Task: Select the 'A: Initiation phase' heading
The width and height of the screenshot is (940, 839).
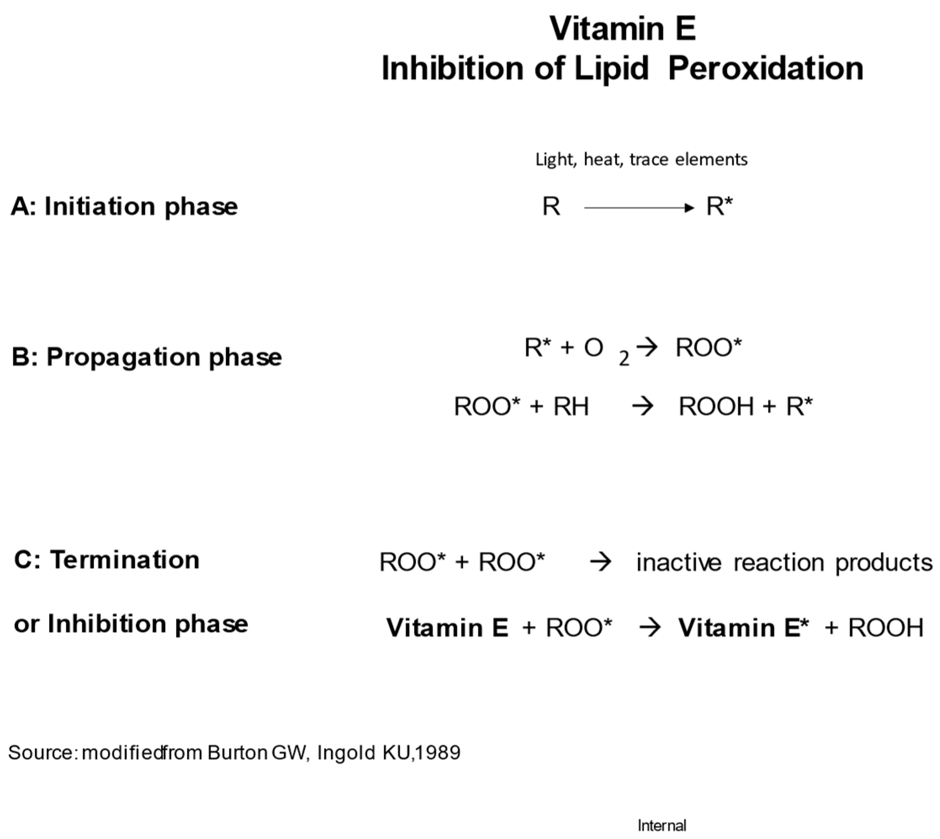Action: coord(124,206)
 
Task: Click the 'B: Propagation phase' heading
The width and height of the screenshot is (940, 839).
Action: coord(147,357)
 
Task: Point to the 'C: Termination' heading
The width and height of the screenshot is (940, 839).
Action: coord(107,560)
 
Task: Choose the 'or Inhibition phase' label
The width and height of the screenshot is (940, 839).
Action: coord(131,624)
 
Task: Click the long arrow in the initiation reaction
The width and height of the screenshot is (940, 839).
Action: coord(639,208)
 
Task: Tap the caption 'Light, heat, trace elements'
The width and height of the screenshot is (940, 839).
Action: coord(641,159)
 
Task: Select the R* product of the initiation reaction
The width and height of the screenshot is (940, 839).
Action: coord(719,206)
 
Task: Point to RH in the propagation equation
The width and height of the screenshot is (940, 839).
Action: coord(571,407)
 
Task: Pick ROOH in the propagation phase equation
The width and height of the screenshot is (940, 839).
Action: coord(716,407)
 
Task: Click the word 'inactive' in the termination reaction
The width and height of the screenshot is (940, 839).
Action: coord(678,563)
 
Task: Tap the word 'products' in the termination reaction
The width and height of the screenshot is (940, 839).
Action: coord(884,563)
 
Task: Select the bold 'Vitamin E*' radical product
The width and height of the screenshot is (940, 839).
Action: coord(743,627)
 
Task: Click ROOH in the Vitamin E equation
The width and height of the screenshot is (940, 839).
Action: coord(886,627)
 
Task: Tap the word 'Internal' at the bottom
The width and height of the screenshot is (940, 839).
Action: coord(662,825)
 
